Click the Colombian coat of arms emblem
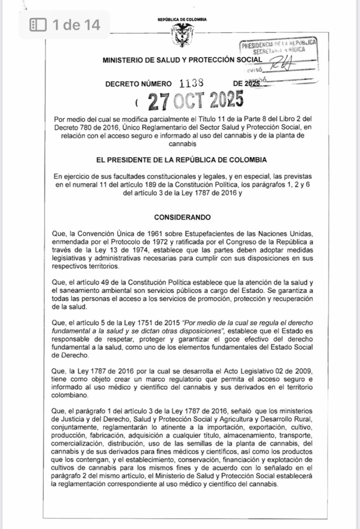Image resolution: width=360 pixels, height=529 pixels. tap(182, 35)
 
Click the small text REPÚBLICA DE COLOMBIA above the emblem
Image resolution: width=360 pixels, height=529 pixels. tap(182, 19)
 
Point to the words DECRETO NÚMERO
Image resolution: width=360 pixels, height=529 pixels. tap(138, 83)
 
